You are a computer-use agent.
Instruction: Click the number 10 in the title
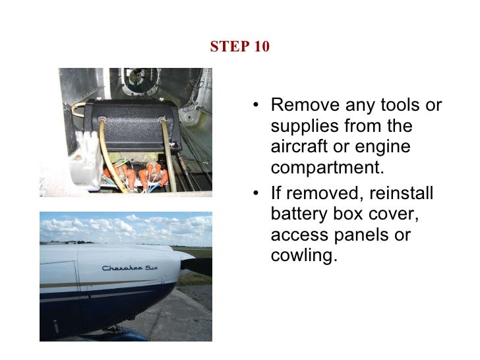(x=260, y=47)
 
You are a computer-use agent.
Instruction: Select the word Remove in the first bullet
(x=305, y=106)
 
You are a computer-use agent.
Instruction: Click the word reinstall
(x=402, y=194)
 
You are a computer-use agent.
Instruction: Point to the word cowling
(x=303, y=255)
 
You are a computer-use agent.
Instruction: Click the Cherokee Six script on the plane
(x=130, y=268)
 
